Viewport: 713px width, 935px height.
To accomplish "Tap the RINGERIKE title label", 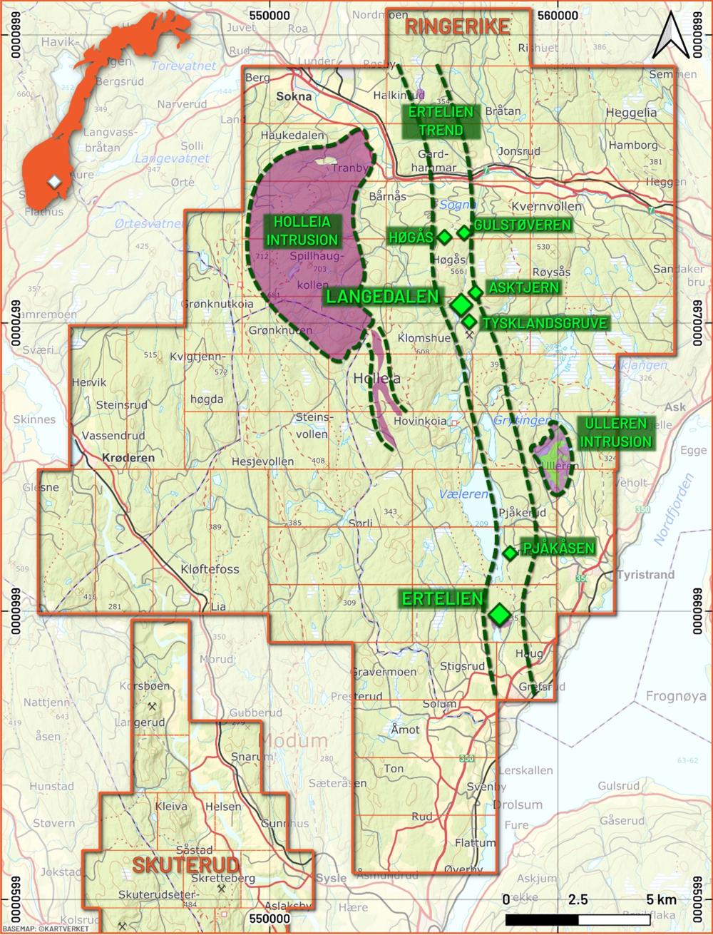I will pyautogui.click(x=457, y=28).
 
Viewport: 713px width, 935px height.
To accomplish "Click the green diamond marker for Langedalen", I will pyautogui.click(x=461, y=305).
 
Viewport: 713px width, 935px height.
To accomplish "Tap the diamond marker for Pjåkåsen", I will pyautogui.click(x=510, y=553).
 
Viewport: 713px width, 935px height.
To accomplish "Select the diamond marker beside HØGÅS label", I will pyautogui.click(x=444, y=236).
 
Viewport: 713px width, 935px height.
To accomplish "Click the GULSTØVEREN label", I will pyautogui.click(x=523, y=225).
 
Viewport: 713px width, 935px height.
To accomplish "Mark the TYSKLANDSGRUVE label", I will pyautogui.click(x=545, y=323).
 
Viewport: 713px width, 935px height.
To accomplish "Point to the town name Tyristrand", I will pyautogui.click(x=646, y=573).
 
